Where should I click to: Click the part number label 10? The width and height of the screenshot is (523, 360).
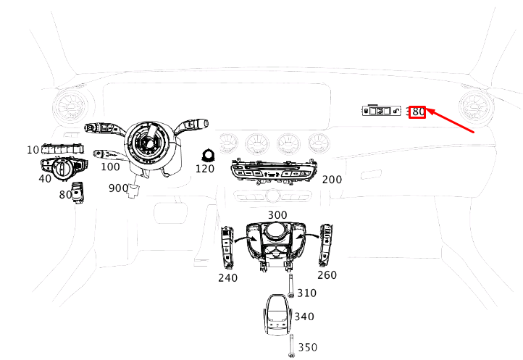coord(33,150)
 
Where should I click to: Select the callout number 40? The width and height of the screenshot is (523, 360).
coord(45,178)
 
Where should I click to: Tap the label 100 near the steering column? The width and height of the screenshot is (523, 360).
coord(110,167)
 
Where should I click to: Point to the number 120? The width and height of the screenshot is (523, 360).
coord(205,169)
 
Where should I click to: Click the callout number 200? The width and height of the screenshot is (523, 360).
coord(332,180)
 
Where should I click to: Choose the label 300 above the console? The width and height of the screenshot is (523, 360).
coord(277,215)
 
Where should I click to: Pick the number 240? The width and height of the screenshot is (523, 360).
coord(227,277)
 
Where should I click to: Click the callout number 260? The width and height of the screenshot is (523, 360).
coord(327,275)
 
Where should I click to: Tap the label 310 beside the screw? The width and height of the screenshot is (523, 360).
coord(307,293)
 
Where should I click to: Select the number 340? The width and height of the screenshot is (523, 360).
coord(304,317)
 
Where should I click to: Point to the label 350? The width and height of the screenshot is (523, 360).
coord(308,347)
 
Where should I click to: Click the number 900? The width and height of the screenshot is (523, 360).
coord(118,188)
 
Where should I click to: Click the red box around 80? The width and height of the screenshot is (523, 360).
coord(417,112)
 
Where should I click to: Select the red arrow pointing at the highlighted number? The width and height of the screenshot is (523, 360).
coord(451,120)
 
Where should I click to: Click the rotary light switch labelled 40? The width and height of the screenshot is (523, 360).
coord(64,168)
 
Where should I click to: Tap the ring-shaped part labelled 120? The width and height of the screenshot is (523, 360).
coord(208,156)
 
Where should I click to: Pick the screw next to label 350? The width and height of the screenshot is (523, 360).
coord(291,346)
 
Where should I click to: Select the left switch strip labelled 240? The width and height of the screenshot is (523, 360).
coord(227,246)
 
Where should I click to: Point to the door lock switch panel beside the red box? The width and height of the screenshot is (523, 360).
coord(382,110)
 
